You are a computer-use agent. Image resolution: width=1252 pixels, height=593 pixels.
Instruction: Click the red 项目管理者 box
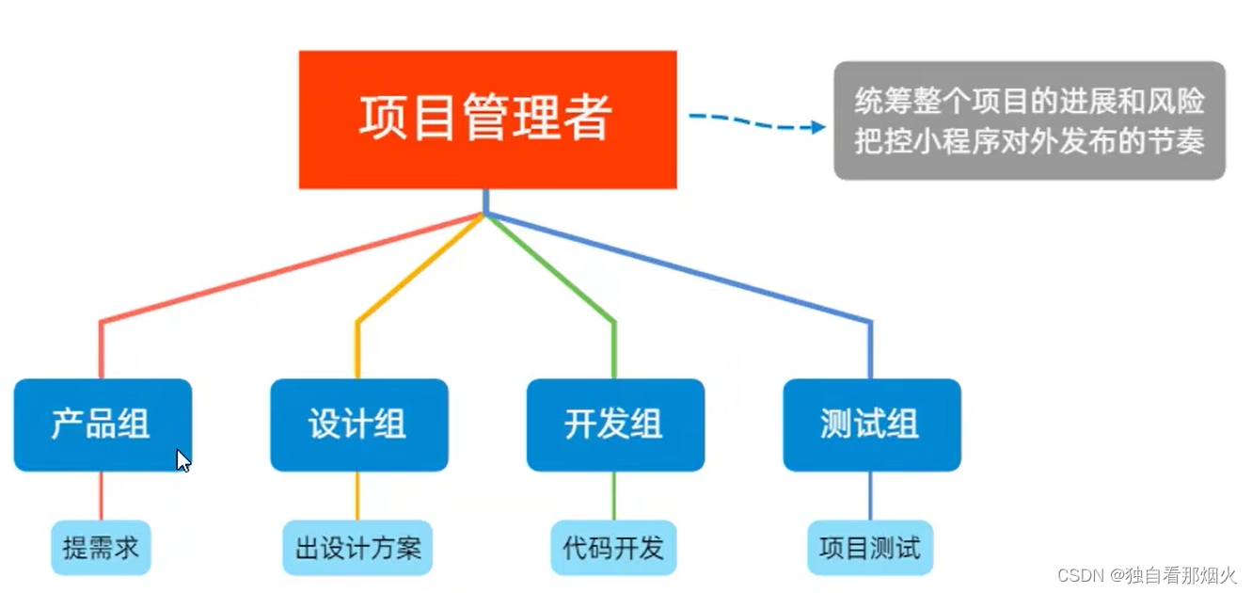(487, 120)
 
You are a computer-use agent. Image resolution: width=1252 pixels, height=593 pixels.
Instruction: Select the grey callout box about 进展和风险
(1029, 120)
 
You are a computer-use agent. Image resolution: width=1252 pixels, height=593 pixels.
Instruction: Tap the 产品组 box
(102, 425)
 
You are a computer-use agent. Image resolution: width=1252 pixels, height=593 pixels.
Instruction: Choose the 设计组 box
(358, 425)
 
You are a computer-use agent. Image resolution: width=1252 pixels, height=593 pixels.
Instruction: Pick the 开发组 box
(615, 425)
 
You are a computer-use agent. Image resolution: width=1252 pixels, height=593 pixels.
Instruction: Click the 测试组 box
(871, 425)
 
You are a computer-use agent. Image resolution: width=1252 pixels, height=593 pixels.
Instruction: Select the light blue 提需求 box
(101, 548)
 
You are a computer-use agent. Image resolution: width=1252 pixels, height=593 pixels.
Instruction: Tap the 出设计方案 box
(357, 548)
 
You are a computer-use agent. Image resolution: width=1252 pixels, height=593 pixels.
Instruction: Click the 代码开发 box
(613, 548)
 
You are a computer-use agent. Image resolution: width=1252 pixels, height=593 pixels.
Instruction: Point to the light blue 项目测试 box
(870, 548)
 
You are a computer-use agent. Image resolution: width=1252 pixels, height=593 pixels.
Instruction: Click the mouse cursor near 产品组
(183, 460)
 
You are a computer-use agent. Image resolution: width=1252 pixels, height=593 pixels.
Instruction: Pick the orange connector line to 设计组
(414, 273)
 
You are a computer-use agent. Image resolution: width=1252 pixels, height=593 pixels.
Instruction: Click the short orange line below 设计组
(357, 495)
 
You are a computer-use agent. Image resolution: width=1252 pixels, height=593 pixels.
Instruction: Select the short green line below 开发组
(614, 495)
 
